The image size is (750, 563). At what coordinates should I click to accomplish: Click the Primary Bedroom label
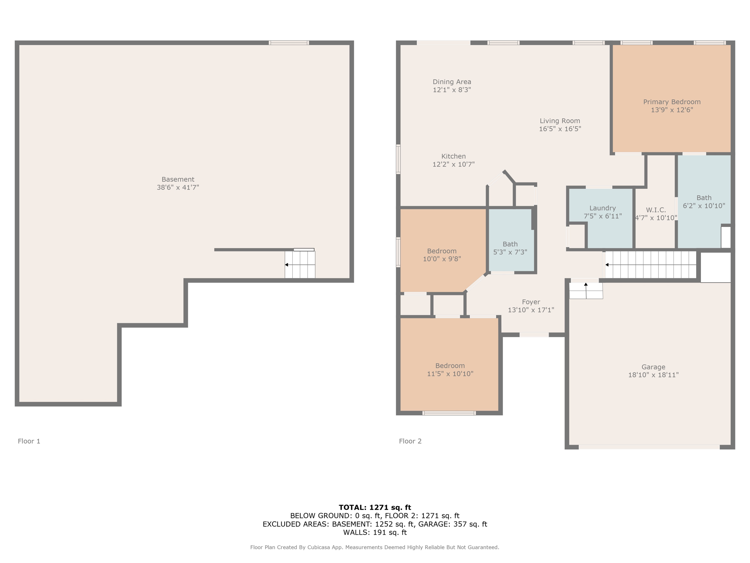pos(672,102)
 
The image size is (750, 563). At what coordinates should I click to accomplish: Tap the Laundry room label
pos(602,208)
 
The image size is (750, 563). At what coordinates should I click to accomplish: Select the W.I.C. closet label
pos(656,210)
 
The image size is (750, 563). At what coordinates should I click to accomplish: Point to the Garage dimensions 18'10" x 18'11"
pos(653,375)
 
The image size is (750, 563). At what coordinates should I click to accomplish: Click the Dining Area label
pos(452,82)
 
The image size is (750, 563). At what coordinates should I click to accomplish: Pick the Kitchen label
pos(453,156)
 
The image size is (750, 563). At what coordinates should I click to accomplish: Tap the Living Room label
pos(560,121)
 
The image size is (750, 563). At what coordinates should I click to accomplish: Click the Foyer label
pos(531,302)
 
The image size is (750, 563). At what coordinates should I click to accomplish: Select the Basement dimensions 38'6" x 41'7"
pos(178,187)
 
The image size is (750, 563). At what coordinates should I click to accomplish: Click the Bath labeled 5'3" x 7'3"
pos(510,244)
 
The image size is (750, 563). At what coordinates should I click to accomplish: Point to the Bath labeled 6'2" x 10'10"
pos(704,198)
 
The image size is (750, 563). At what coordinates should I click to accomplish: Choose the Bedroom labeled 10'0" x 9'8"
pos(442,251)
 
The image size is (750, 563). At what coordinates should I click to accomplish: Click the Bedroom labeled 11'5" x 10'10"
pos(450,366)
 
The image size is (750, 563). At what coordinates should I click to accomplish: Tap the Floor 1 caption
pos(29,441)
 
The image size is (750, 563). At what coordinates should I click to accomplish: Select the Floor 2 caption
pos(410,441)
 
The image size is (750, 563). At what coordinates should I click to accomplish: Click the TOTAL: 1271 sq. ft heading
pos(375,508)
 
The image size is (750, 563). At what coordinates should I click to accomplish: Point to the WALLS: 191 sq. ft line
pos(375,532)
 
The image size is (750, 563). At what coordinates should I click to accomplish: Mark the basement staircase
pos(300,264)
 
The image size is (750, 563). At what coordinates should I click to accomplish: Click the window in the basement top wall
pos(289,43)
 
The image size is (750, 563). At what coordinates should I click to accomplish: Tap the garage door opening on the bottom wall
pos(649,447)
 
